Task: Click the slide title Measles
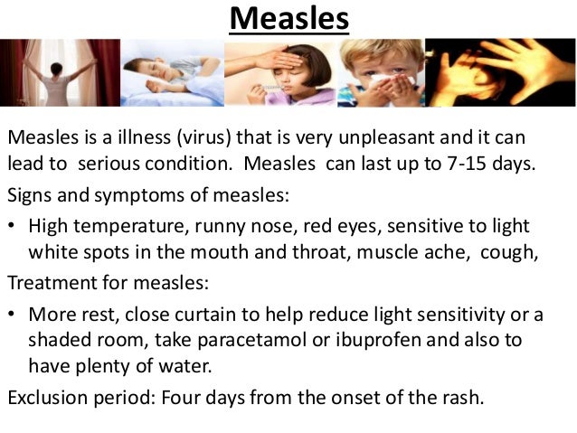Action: (x=288, y=18)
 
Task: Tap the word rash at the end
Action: (x=464, y=396)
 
